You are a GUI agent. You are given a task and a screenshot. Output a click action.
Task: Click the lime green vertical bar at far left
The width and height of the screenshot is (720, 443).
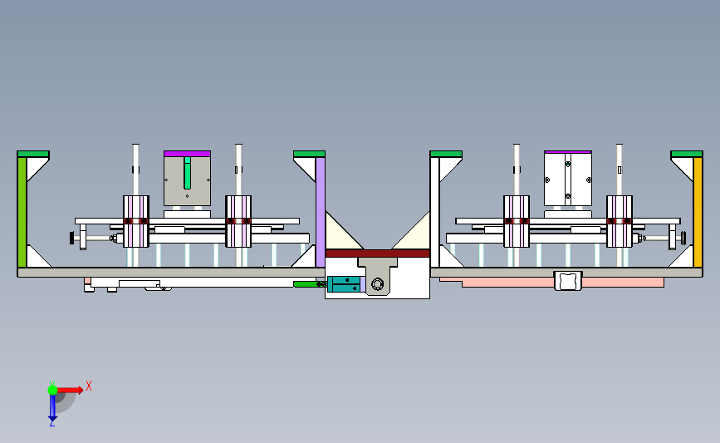[x=22, y=212]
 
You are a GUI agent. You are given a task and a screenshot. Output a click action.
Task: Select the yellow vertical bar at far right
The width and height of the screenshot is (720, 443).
[x=698, y=212]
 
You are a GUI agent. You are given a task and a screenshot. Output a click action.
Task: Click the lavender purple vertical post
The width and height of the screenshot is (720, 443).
[x=321, y=212]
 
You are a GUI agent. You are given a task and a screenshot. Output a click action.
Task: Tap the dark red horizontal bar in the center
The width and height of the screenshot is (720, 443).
[x=378, y=253]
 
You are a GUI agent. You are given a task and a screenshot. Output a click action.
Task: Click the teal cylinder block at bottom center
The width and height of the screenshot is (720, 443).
[x=344, y=284]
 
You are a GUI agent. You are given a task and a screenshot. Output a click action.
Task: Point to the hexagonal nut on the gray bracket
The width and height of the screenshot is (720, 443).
[x=378, y=284]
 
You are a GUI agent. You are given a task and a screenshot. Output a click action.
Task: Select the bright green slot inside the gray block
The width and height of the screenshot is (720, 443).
[x=188, y=173]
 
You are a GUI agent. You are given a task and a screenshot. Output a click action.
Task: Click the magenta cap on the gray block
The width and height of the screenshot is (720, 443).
[x=188, y=154]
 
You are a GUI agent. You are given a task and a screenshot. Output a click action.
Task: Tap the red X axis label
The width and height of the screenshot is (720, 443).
[x=89, y=386]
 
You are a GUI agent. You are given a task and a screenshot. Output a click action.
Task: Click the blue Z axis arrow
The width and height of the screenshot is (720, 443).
[x=52, y=407]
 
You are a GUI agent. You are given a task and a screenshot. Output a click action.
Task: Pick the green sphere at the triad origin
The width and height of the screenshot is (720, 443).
[x=52, y=390]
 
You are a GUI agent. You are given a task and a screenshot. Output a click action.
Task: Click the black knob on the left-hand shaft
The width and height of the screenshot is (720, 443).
[x=72, y=238]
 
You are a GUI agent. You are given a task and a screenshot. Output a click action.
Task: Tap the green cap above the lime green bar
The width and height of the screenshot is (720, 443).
[x=33, y=154]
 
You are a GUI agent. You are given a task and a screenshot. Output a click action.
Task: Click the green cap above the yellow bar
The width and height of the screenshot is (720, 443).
[x=687, y=154]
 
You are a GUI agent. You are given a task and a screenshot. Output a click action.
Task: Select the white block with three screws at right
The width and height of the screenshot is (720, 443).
[x=568, y=179]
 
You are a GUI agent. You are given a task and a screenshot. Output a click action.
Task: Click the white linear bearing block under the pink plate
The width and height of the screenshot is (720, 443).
[x=568, y=281]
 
